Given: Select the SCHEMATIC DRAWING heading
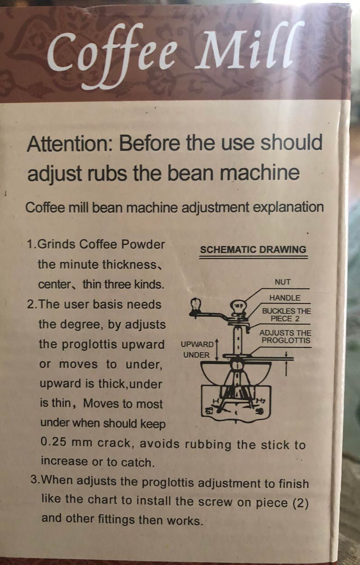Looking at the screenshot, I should [253, 250].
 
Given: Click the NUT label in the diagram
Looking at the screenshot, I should [283, 282].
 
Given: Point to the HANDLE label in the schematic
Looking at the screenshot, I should [284, 298].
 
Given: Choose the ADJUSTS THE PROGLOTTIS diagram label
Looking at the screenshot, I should [286, 336].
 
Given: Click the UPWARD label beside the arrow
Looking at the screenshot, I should [197, 345].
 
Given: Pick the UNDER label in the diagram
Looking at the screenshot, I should [196, 355].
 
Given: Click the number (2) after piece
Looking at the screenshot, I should [300, 503].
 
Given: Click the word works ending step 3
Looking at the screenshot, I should [183, 520].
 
